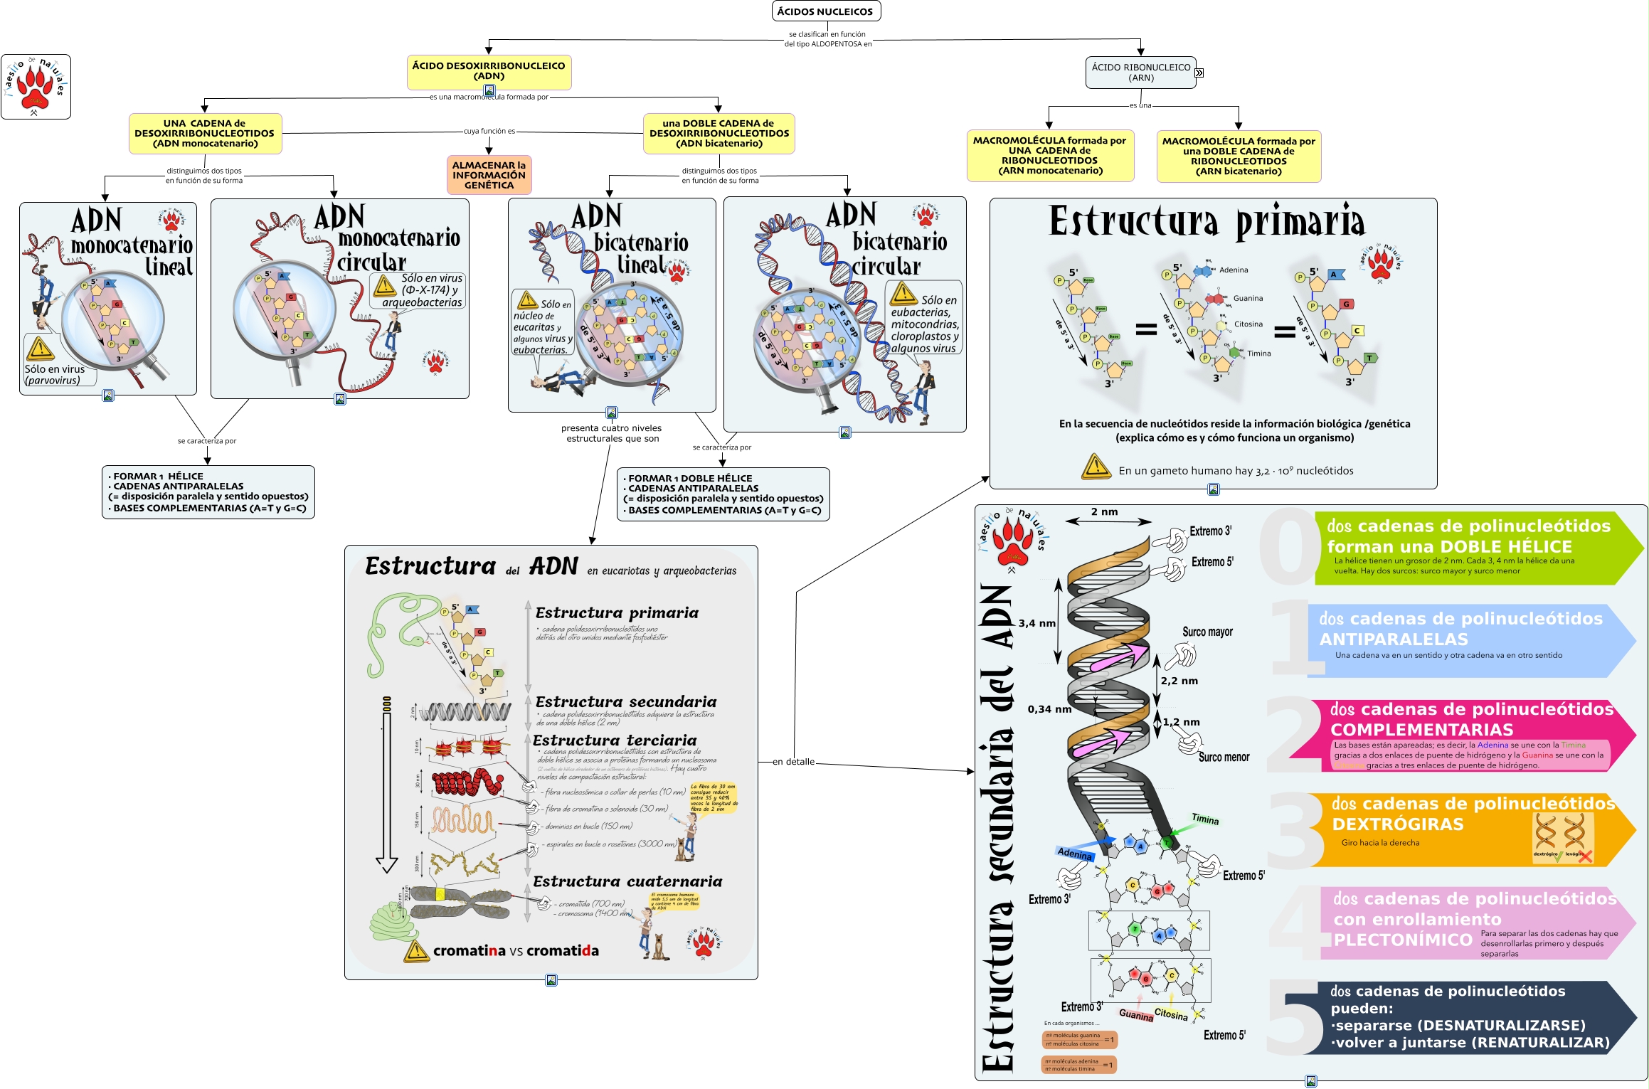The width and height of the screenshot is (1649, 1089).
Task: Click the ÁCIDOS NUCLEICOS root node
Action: point(825,11)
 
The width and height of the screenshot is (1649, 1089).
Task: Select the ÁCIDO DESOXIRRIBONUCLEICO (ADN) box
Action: point(489,71)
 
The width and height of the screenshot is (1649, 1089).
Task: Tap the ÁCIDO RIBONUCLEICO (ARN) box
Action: point(1140,73)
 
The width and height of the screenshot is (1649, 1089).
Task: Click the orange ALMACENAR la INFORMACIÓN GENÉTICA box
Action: point(489,175)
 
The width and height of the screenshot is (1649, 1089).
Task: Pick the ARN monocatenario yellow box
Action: point(1049,156)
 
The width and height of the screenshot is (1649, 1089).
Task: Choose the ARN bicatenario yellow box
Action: point(1239,156)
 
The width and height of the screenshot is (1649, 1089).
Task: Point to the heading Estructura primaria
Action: point(1207,221)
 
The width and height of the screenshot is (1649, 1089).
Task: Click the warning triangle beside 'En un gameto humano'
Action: point(1096,467)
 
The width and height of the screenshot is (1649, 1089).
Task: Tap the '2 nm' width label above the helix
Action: point(1104,512)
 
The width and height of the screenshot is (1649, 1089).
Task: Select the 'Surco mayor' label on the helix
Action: point(1207,632)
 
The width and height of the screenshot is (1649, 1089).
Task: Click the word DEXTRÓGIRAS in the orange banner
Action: point(1397,824)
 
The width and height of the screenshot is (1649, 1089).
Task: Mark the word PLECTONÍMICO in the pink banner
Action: point(1402,940)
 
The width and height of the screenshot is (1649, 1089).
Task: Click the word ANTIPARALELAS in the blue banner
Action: point(1393,639)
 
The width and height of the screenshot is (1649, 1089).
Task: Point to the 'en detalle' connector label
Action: point(793,762)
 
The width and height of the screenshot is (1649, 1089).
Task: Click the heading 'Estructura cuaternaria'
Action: point(627,882)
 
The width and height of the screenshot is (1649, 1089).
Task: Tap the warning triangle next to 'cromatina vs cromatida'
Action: point(416,951)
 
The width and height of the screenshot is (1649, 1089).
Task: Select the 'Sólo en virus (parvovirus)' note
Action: point(55,374)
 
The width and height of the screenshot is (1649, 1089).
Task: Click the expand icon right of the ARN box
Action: point(1199,73)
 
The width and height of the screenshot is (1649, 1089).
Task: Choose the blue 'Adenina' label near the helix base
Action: point(1074,853)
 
